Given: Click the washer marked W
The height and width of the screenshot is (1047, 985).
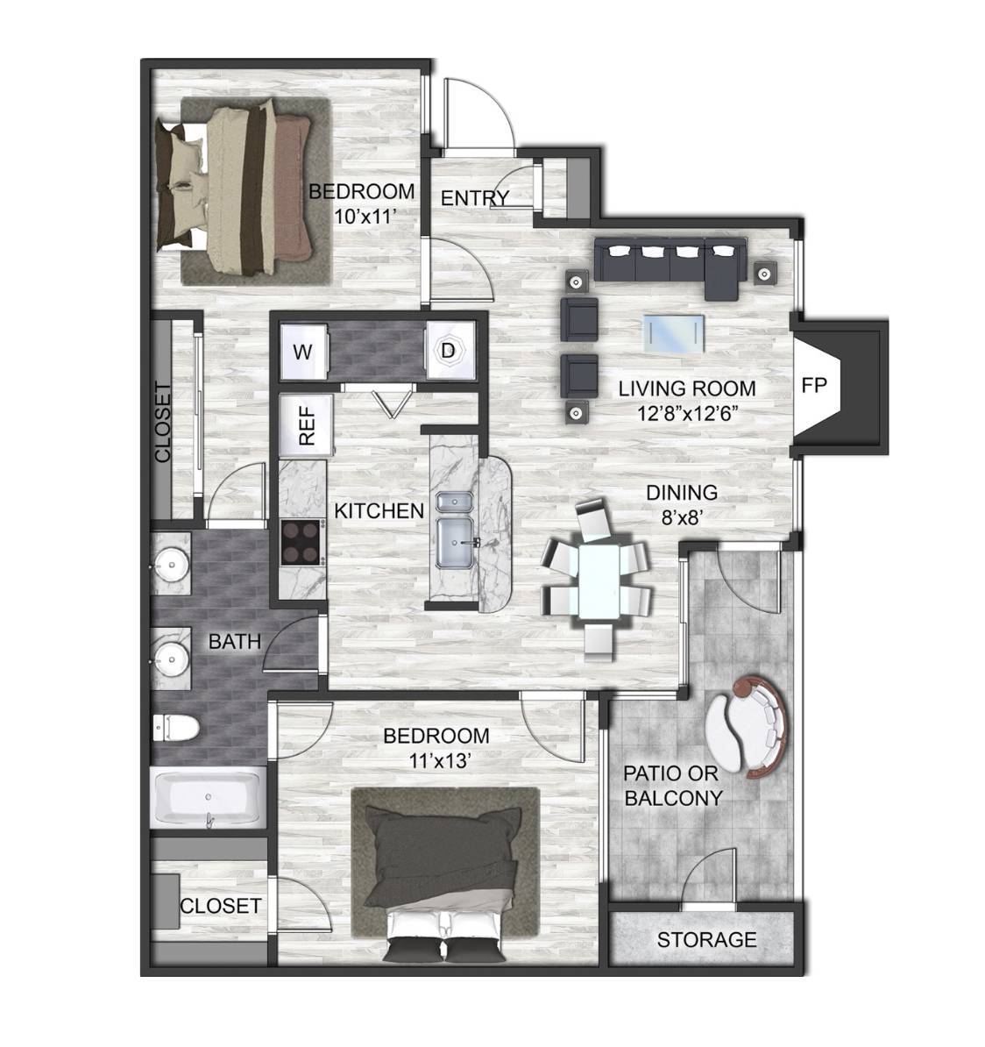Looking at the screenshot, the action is pyautogui.click(x=304, y=351).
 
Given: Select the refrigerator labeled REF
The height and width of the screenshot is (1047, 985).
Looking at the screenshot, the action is pyautogui.click(x=307, y=426).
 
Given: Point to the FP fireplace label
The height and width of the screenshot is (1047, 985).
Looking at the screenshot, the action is pyautogui.click(x=813, y=385).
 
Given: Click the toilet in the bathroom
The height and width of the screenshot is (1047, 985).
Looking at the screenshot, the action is pyautogui.click(x=175, y=727).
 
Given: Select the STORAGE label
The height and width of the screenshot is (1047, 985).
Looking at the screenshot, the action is pyautogui.click(x=706, y=939).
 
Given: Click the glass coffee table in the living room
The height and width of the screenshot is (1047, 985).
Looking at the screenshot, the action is pyautogui.click(x=673, y=332).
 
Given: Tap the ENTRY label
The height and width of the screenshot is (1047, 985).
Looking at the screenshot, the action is pyautogui.click(x=474, y=198).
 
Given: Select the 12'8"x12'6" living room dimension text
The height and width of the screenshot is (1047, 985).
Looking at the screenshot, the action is pyautogui.click(x=685, y=413).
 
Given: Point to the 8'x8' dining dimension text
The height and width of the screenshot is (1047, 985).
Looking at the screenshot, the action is pyautogui.click(x=682, y=517).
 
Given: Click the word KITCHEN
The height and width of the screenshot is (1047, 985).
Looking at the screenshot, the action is pyautogui.click(x=379, y=511).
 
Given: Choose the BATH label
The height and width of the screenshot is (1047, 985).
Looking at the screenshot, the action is pyautogui.click(x=234, y=642).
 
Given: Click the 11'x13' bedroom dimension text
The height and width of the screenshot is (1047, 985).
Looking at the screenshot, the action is pyautogui.click(x=436, y=760).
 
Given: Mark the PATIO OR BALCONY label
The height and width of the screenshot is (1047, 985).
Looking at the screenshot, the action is pyautogui.click(x=673, y=786).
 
